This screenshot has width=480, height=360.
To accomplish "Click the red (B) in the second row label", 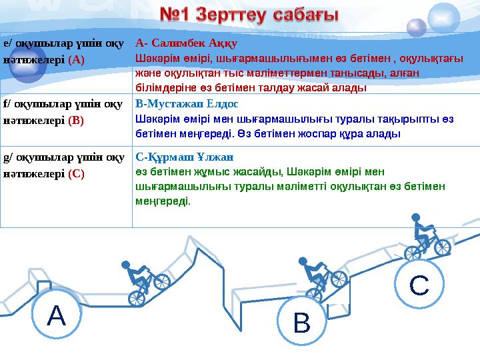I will click(x=75, y=121).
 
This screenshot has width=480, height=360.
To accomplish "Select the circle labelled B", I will click(x=302, y=323).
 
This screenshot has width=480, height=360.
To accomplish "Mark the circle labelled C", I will click(x=418, y=285).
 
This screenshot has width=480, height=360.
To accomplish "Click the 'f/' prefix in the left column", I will click(x=7, y=105).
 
